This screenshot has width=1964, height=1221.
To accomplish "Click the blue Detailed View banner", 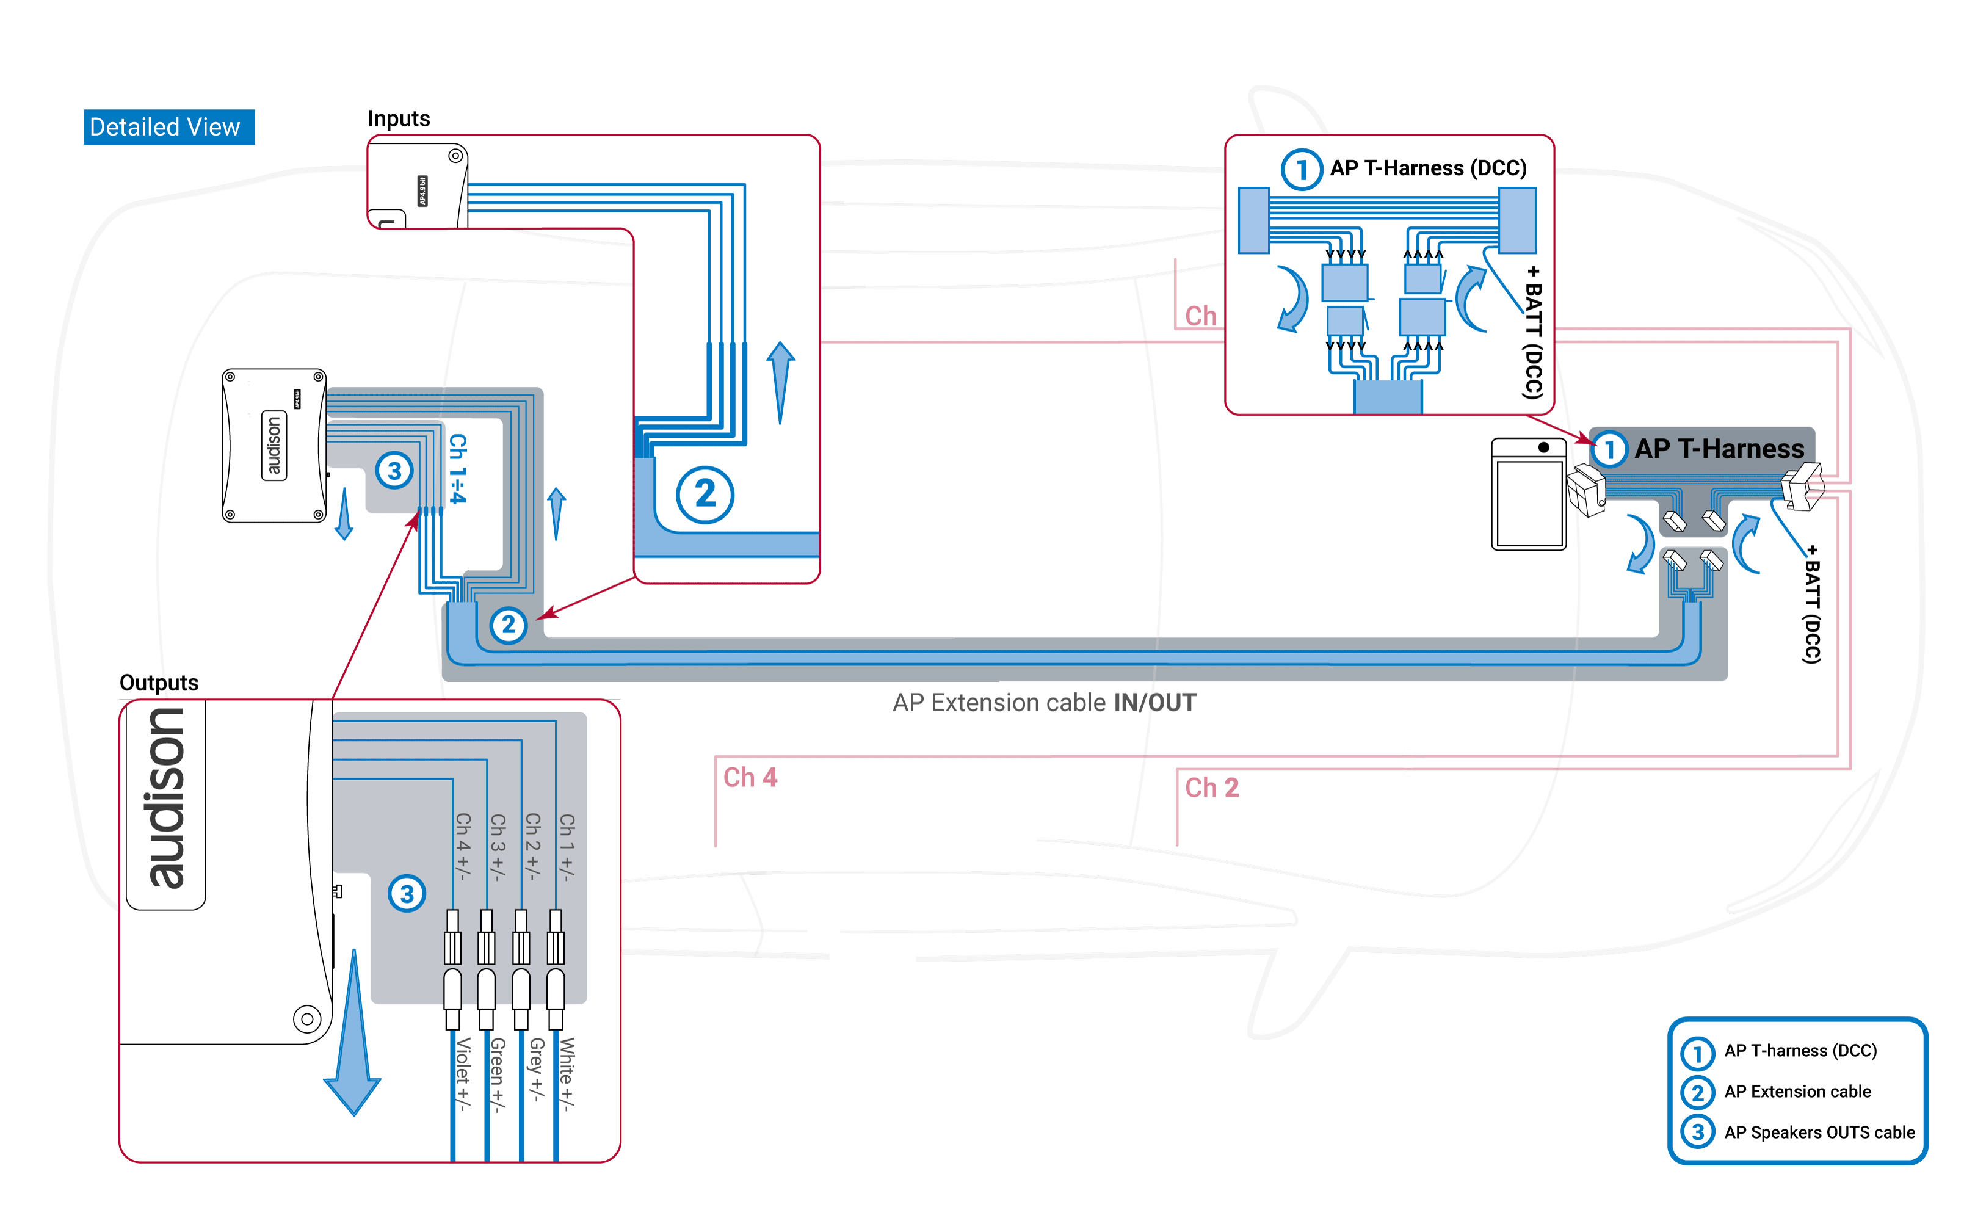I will [168, 127].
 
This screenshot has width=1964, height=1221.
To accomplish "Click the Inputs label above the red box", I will [398, 118].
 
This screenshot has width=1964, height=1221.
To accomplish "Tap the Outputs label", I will [159, 683].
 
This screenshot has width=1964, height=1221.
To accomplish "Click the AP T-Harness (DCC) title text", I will [1428, 168].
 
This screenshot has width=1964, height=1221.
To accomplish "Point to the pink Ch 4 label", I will [750, 778].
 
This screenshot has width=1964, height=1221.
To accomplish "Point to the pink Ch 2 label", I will [1211, 788].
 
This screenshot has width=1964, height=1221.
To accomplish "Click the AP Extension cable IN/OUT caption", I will [1044, 703].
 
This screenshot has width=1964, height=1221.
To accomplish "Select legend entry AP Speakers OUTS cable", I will [1819, 1132].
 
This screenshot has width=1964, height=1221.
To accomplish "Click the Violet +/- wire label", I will [463, 1074].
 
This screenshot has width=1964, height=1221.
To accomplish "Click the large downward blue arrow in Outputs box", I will [353, 1042].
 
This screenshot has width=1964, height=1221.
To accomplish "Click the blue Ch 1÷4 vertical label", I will [458, 468].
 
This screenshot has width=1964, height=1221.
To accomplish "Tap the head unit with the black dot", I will [1529, 495].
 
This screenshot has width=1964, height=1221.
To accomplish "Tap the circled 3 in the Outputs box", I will [407, 893].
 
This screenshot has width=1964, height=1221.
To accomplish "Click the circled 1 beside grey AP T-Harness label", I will [1609, 450].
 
